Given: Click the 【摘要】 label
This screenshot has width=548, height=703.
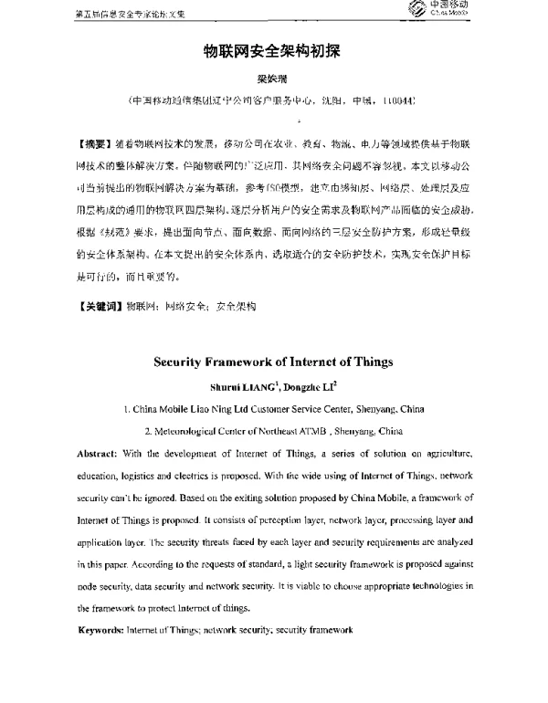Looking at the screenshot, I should [85, 145].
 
